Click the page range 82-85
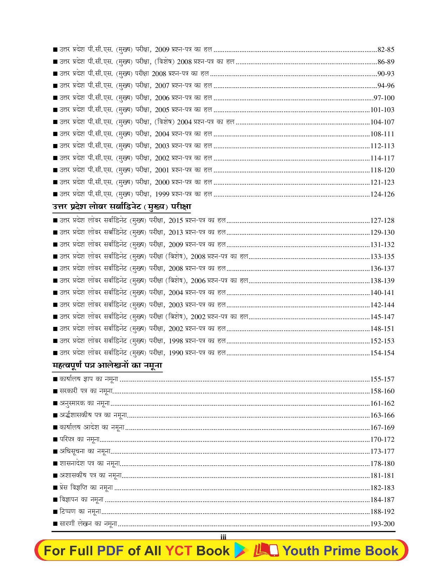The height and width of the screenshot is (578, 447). pyautogui.click(x=386, y=50)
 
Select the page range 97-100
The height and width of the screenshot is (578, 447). pyautogui.click(x=384, y=98)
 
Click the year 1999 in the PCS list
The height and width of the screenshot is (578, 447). pyautogui.click(x=162, y=194)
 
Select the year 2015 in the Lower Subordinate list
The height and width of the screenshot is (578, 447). pyautogui.click(x=176, y=221)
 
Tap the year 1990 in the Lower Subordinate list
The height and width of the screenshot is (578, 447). pyautogui.click(x=176, y=353)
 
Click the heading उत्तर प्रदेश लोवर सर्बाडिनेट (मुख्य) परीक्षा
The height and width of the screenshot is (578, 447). pyautogui.click(x=122, y=207)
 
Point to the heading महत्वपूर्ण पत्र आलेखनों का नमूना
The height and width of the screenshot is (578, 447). pyautogui.click(x=107, y=365)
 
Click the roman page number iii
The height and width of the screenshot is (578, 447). pyautogui.click(x=223, y=537)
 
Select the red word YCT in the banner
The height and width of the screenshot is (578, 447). pyautogui.click(x=179, y=551)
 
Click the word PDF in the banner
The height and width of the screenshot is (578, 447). pyautogui.click(x=110, y=551)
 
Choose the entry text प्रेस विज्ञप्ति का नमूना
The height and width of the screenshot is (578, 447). pyautogui.click(x=86, y=488)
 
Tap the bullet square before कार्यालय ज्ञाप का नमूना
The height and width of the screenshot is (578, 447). pyautogui.click(x=55, y=379)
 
